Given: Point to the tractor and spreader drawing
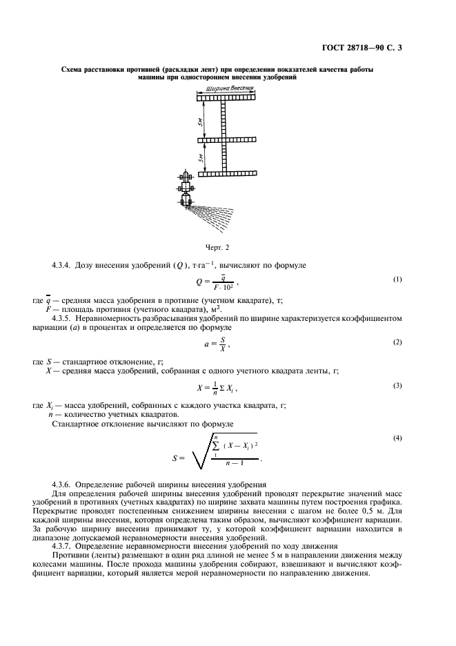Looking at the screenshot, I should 186,191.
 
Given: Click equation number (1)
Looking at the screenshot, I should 397,279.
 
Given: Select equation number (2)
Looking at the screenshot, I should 397,342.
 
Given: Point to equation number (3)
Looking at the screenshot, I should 397,385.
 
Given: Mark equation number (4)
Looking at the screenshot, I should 397,438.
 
